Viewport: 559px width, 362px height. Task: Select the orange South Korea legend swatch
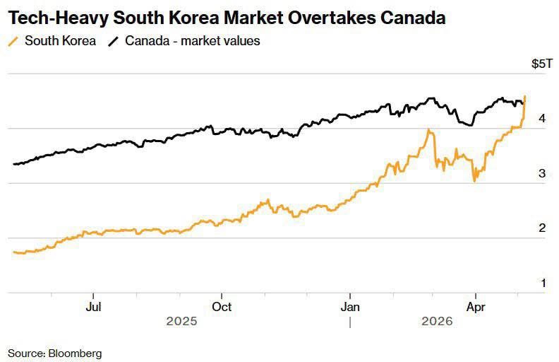click(x=13, y=42)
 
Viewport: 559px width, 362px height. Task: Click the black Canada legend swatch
click(x=114, y=42)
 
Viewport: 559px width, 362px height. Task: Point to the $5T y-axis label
click(x=542, y=64)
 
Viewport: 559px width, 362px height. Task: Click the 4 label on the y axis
click(x=542, y=118)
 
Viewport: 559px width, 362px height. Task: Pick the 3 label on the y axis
click(x=542, y=173)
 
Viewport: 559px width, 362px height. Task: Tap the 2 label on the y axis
click(x=542, y=228)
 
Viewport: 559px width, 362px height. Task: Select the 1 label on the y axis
click(x=543, y=283)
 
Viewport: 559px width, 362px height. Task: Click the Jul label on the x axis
click(x=93, y=307)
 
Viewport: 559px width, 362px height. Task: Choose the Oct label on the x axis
click(x=222, y=307)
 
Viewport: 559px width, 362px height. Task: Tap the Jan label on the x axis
click(x=350, y=307)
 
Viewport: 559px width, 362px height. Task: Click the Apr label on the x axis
click(x=476, y=307)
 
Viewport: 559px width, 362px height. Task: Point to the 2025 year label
click(x=181, y=321)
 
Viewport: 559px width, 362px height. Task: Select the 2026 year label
click(x=437, y=321)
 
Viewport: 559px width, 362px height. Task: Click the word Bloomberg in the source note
click(x=76, y=354)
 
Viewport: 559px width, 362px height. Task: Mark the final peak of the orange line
click(x=525, y=95)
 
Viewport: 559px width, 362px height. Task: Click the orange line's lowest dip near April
click(x=474, y=181)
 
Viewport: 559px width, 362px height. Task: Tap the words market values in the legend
click(x=220, y=41)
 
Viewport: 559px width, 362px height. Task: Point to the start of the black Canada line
click(x=13, y=164)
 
